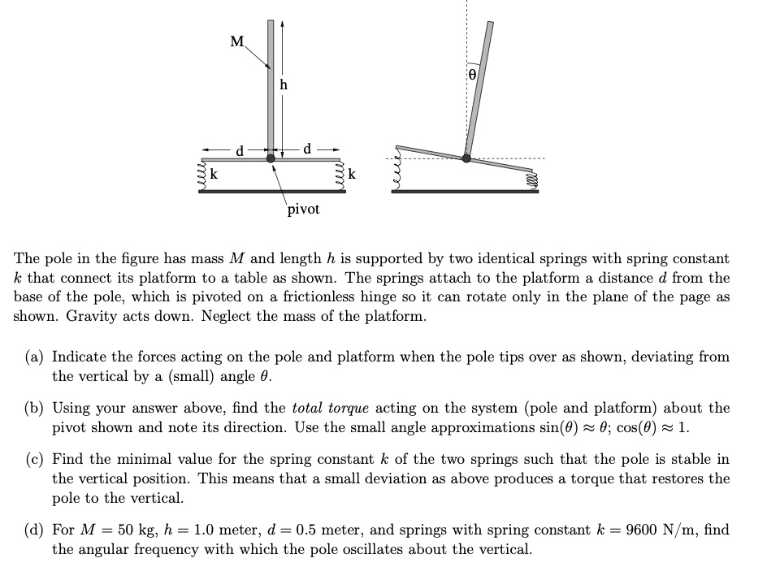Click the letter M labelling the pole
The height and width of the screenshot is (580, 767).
coord(236,41)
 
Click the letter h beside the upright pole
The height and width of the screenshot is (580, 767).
coord(283,84)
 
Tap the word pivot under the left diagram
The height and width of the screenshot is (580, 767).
coord(303,209)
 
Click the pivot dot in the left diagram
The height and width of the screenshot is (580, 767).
coord(271,158)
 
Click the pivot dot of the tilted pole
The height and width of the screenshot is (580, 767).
coord(466,158)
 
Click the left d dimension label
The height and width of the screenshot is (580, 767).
coord(239,149)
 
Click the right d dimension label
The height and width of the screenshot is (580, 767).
coord(305,149)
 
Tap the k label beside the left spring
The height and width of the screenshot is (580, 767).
coord(214,175)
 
